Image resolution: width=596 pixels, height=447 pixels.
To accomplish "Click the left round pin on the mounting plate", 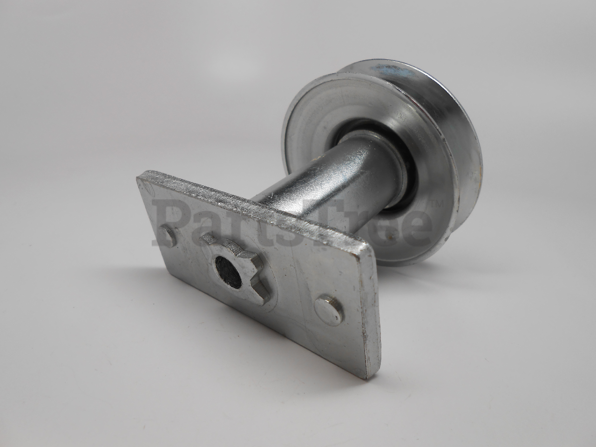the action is pyautogui.click(x=169, y=236).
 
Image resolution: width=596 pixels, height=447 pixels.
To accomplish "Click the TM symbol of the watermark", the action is pyautogui.click(x=436, y=204).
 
